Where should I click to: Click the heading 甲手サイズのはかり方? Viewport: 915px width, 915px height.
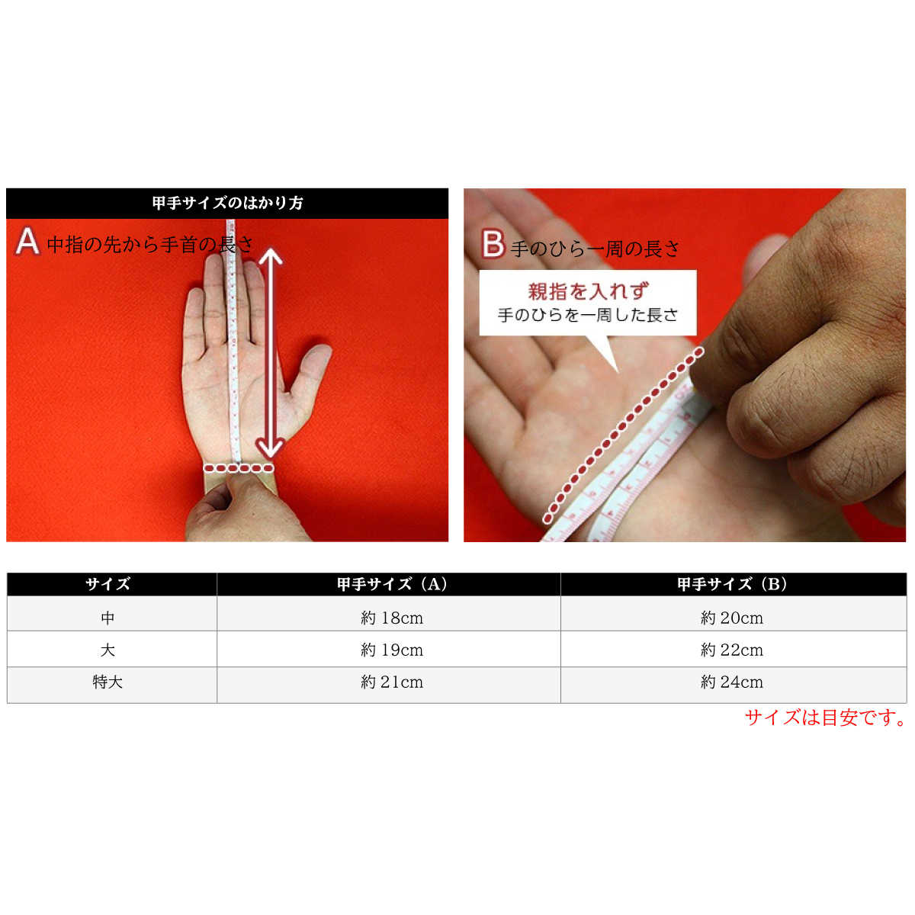pyautogui.click(x=227, y=203)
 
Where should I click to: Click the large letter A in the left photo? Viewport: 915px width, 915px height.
pyautogui.click(x=27, y=241)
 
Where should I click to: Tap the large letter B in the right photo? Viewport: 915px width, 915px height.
pyautogui.click(x=493, y=245)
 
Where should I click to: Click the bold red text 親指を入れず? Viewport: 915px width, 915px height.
pyautogui.click(x=588, y=291)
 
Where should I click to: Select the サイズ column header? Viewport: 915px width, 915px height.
pyautogui.click(x=108, y=584)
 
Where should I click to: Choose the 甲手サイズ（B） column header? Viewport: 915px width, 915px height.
pyautogui.click(x=732, y=584)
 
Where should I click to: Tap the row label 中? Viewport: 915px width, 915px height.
pyautogui.click(x=108, y=618)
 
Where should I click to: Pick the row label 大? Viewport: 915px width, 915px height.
pyautogui.click(x=108, y=650)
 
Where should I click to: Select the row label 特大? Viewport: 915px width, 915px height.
pyautogui.click(x=108, y=682)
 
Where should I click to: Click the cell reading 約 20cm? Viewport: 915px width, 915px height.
pyautogui.click(x=732, y=618)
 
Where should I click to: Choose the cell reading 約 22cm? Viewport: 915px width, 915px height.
pyautogui.click(x=732, y=650)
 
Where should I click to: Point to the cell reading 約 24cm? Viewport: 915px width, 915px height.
pyautogui.click(x=732, y=682)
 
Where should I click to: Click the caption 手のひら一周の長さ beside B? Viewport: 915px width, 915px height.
pyautogui.click(x=596, y=249)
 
